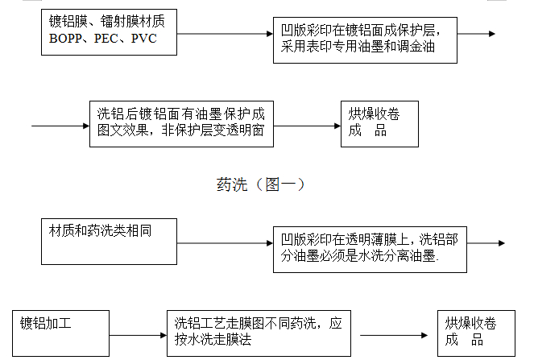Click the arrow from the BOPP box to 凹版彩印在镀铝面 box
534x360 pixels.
(x=226, y=34)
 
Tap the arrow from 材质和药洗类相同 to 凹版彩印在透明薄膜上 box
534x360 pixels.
(x=226, y=242)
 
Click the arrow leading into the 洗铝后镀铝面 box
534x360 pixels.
(x=60, y=126)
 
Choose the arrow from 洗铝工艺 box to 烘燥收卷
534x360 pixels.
(x=395, y=335)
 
